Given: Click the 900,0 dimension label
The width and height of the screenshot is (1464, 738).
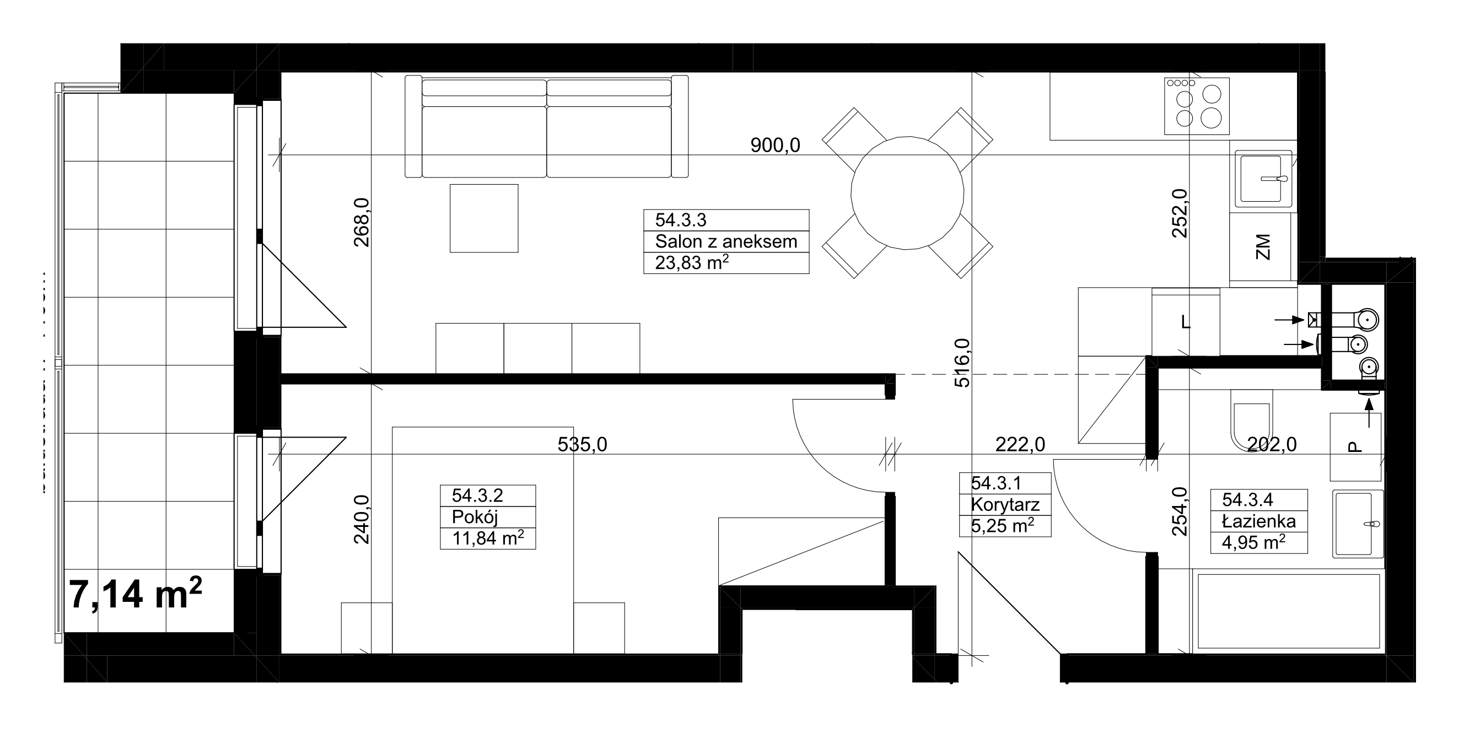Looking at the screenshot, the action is (775, 146).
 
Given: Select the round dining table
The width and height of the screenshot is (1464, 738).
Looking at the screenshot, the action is (908, 192).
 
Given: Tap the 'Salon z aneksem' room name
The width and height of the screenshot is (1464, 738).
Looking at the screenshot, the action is (726, 241).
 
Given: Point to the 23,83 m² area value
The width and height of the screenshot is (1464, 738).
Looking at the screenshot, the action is (692, 262).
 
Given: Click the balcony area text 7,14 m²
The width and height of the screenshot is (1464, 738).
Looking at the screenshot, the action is (136, 593).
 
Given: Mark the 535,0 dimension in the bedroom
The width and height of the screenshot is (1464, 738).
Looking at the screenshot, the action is (583, 444).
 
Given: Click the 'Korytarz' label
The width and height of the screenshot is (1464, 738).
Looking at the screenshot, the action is (1005, 504).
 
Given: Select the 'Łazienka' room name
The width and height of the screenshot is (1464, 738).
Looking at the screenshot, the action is (1260, 521).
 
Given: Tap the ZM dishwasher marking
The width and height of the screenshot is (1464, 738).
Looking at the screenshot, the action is (1263, 246).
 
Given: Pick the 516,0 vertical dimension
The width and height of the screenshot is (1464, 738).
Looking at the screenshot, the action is (963, 363).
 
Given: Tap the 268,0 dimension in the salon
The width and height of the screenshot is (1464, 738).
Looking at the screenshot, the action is (363, 222).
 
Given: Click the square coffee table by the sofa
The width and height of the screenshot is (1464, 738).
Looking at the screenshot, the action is (483, 218).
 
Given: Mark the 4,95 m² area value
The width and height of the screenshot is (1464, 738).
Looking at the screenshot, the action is (1254, 542).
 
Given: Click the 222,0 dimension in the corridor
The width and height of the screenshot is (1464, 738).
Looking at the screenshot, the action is (1020, 444).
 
